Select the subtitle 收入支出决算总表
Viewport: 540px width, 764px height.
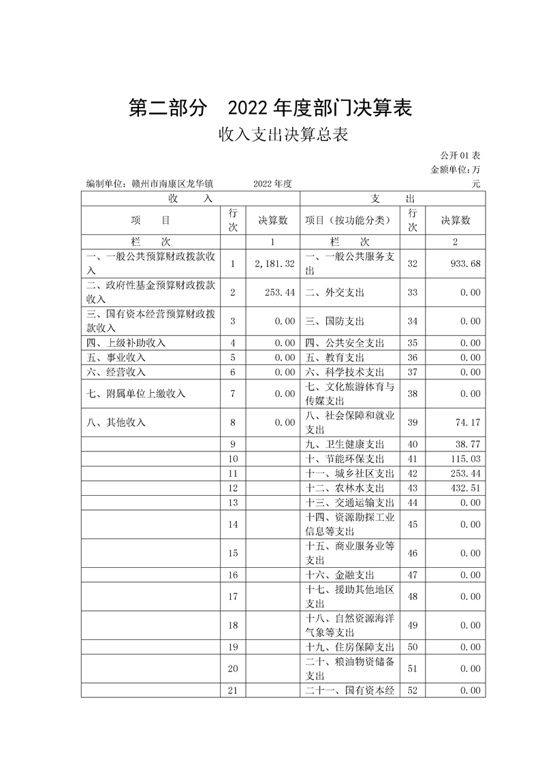point(283,135)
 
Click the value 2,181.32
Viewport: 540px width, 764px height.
point(273,264)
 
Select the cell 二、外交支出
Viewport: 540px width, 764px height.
point(334,292)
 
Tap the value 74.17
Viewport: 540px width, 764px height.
point(468,422)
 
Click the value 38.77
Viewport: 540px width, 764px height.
point(468,444)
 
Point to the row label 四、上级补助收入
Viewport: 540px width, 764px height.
point(126,343)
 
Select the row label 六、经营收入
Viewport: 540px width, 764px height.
point(116,372)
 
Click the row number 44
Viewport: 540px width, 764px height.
point(412,503)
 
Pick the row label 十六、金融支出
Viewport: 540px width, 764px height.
point(340,575)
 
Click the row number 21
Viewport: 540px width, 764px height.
point(233,690)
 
